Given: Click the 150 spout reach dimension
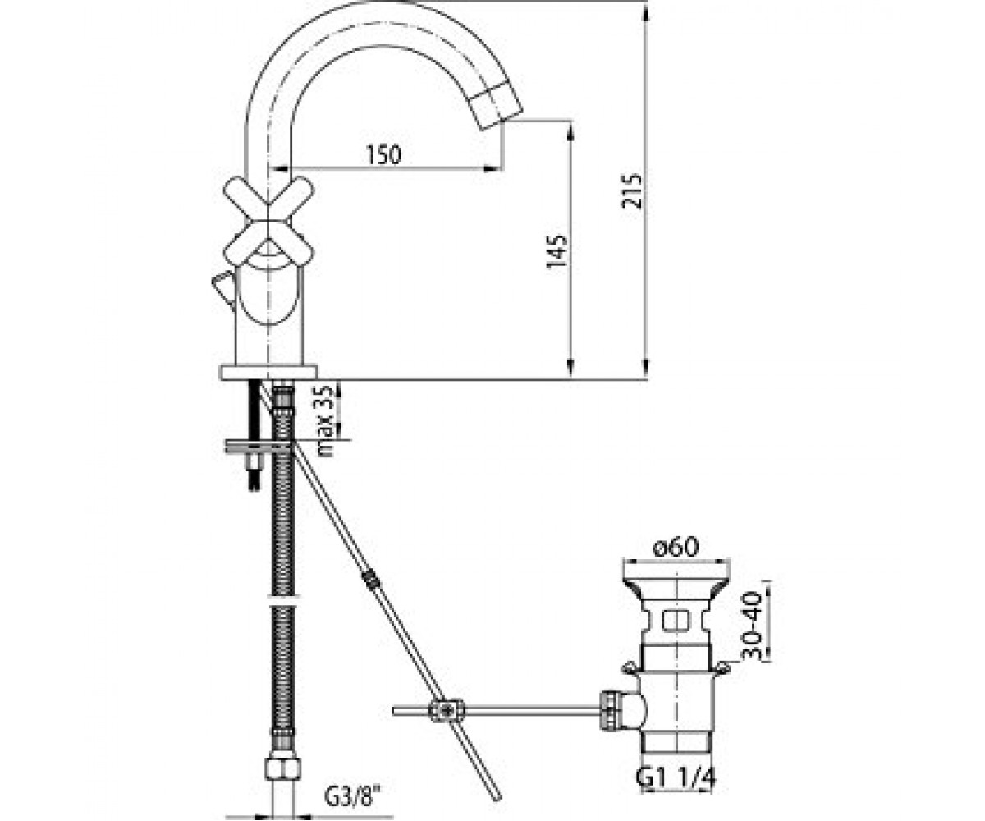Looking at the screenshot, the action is [383, 155].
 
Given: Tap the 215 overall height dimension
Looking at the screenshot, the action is [631, 191].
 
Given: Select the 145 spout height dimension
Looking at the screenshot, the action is [557, 250].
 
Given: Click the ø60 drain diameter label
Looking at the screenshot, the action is [675, 548].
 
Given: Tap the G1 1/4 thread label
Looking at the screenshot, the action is [676, 777].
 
